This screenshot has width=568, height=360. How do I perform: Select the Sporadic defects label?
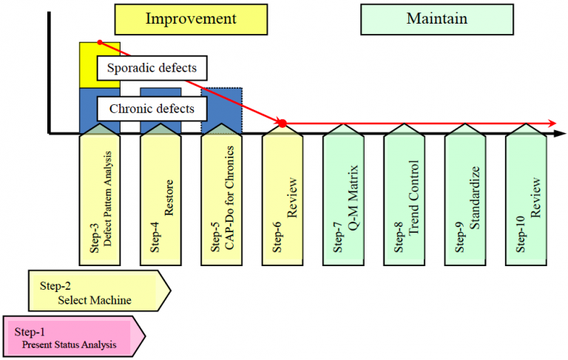[x=152, y=69]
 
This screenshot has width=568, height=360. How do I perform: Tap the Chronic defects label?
[x=152, y=109]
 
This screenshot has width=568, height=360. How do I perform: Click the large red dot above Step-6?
[x=282, y=122]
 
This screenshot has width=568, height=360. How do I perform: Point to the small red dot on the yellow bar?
[x=100, y=42]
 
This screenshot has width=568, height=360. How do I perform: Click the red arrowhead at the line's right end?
[x=552, y=122]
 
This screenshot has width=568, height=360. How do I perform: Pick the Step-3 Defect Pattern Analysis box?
[x=100, y=196]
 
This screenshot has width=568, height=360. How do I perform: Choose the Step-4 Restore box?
[x=160, y=196]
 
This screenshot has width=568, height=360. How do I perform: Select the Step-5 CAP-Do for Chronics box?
[x=221, y=196]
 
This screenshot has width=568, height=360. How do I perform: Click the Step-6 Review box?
[x=282, y=196]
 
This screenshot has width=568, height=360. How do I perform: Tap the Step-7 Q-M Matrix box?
[x=343, y=196]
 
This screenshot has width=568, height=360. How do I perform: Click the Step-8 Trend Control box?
[x=404, y=196]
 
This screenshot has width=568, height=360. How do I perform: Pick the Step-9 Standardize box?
[x=464, y=196]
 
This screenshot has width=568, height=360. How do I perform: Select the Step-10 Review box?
[x=525, y=196]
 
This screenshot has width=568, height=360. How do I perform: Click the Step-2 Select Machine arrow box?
[x=96, y=291]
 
